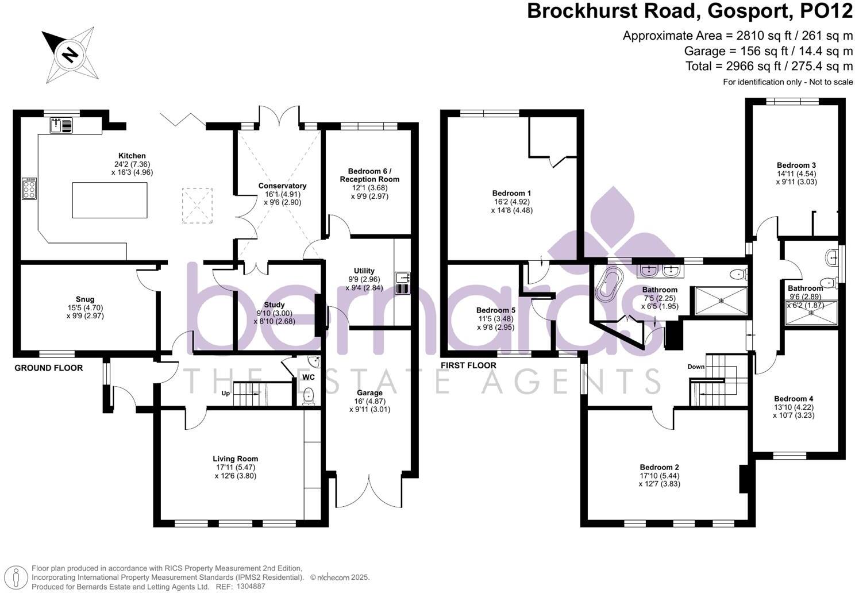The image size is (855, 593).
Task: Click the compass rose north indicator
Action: point(70,54)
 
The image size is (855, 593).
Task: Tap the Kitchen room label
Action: point(132,156)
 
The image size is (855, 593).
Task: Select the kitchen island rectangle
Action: point(109,200)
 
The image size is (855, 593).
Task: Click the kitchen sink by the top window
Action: point(61,125)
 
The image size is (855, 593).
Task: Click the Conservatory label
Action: point(282,186)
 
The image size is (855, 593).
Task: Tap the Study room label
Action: point(274,305)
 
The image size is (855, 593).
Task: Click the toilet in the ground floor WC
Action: point(309,395)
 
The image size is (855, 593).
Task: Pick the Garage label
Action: point(369,393)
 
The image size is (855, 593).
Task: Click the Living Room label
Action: point(235,459)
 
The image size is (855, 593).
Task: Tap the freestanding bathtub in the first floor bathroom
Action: point(606,284)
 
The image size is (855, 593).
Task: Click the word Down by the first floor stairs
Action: point(696,367)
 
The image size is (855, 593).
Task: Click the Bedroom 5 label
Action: point(495,310)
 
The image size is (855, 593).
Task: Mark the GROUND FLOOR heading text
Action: point(49,368)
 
